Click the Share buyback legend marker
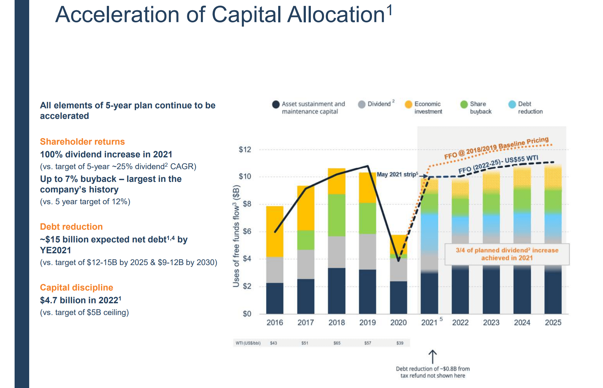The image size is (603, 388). click(464, 104)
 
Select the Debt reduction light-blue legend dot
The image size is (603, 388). click(512, 104)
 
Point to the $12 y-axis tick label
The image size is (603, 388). click(245, 150)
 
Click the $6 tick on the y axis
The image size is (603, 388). click(247, 231)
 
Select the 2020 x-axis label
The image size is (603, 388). click(398, 323)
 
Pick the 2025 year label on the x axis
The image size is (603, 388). click(553, 323)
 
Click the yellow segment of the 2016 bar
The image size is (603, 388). click(275, 231)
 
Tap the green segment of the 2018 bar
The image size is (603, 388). click(337, 215)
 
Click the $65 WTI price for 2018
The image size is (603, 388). click(337, 343)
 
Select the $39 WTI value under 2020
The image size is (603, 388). click(400, 343)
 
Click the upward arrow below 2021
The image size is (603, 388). click(433, 357)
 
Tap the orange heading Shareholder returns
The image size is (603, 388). click(82, 142)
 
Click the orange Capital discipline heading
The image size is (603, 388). click(76, 287)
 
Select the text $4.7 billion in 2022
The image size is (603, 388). click(80, 300)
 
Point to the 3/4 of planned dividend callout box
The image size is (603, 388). click(507, 254)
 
